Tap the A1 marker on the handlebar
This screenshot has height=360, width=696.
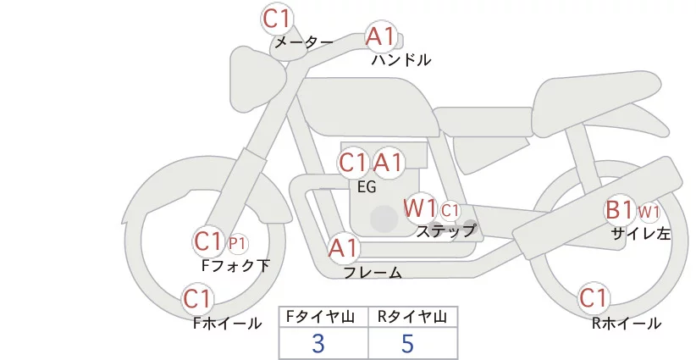click(380, 36)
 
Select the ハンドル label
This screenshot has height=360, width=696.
click(401, 60)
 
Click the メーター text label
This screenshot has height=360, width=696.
click(302, 42)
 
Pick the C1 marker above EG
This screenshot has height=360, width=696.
click(353, 163)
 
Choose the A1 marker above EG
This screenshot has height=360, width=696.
click(389, 163)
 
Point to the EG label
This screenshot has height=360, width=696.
click(368, 187)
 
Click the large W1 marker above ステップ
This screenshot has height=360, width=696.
click(420, 208)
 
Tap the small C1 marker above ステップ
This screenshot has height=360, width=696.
click(450, 210)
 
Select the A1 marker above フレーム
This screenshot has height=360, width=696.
click(344, 249)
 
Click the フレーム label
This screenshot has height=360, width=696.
click(373, 273)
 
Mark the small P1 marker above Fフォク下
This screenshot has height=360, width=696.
click(238, 243)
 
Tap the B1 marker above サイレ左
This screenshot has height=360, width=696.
click(619, 210)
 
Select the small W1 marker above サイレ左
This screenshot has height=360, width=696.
click(649, 210)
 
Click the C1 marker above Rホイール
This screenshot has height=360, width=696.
click(593, 298)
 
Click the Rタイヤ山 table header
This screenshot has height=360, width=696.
click(412, 318)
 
